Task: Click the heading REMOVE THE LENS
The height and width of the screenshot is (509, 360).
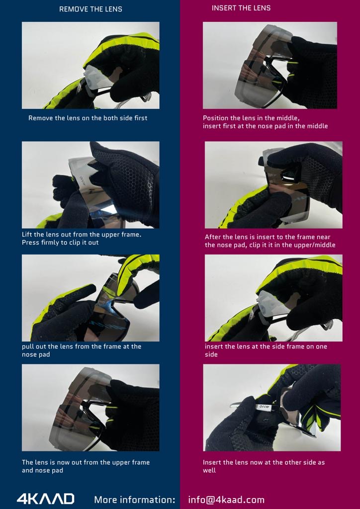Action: coord(90,9)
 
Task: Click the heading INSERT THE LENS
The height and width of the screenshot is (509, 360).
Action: coord(241,8)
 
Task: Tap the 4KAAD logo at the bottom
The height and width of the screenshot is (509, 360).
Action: coord(45,499)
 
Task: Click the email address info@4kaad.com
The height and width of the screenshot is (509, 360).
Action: coord(226,500)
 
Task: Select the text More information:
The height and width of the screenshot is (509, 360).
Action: coord(135,499)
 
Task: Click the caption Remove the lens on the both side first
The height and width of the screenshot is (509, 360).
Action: coord(88,118)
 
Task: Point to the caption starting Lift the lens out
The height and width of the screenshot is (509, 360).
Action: coord(82,238)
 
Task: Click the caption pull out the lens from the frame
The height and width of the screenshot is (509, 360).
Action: coord(82,350)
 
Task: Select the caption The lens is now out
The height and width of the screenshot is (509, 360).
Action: coord(86,466)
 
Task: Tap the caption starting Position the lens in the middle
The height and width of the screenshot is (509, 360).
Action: coord(265,122)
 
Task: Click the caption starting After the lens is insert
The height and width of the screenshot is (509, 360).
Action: coord(270,241)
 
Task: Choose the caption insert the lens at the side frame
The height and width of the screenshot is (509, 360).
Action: coord(266,350)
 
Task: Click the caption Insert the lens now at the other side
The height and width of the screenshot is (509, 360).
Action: coord(264,466)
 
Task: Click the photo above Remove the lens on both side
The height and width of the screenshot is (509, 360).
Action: coord(90,65)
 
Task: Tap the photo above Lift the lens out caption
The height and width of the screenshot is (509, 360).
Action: coord(90,185)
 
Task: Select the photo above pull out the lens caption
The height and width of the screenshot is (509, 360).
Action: coord(90,298)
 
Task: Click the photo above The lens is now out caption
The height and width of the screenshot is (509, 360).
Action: coord(90,408)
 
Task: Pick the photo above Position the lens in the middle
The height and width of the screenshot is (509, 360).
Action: coord(270,65)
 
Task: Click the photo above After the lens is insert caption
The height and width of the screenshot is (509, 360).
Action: coord(273,185)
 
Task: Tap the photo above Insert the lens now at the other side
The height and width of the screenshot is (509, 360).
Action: coord(271,408)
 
